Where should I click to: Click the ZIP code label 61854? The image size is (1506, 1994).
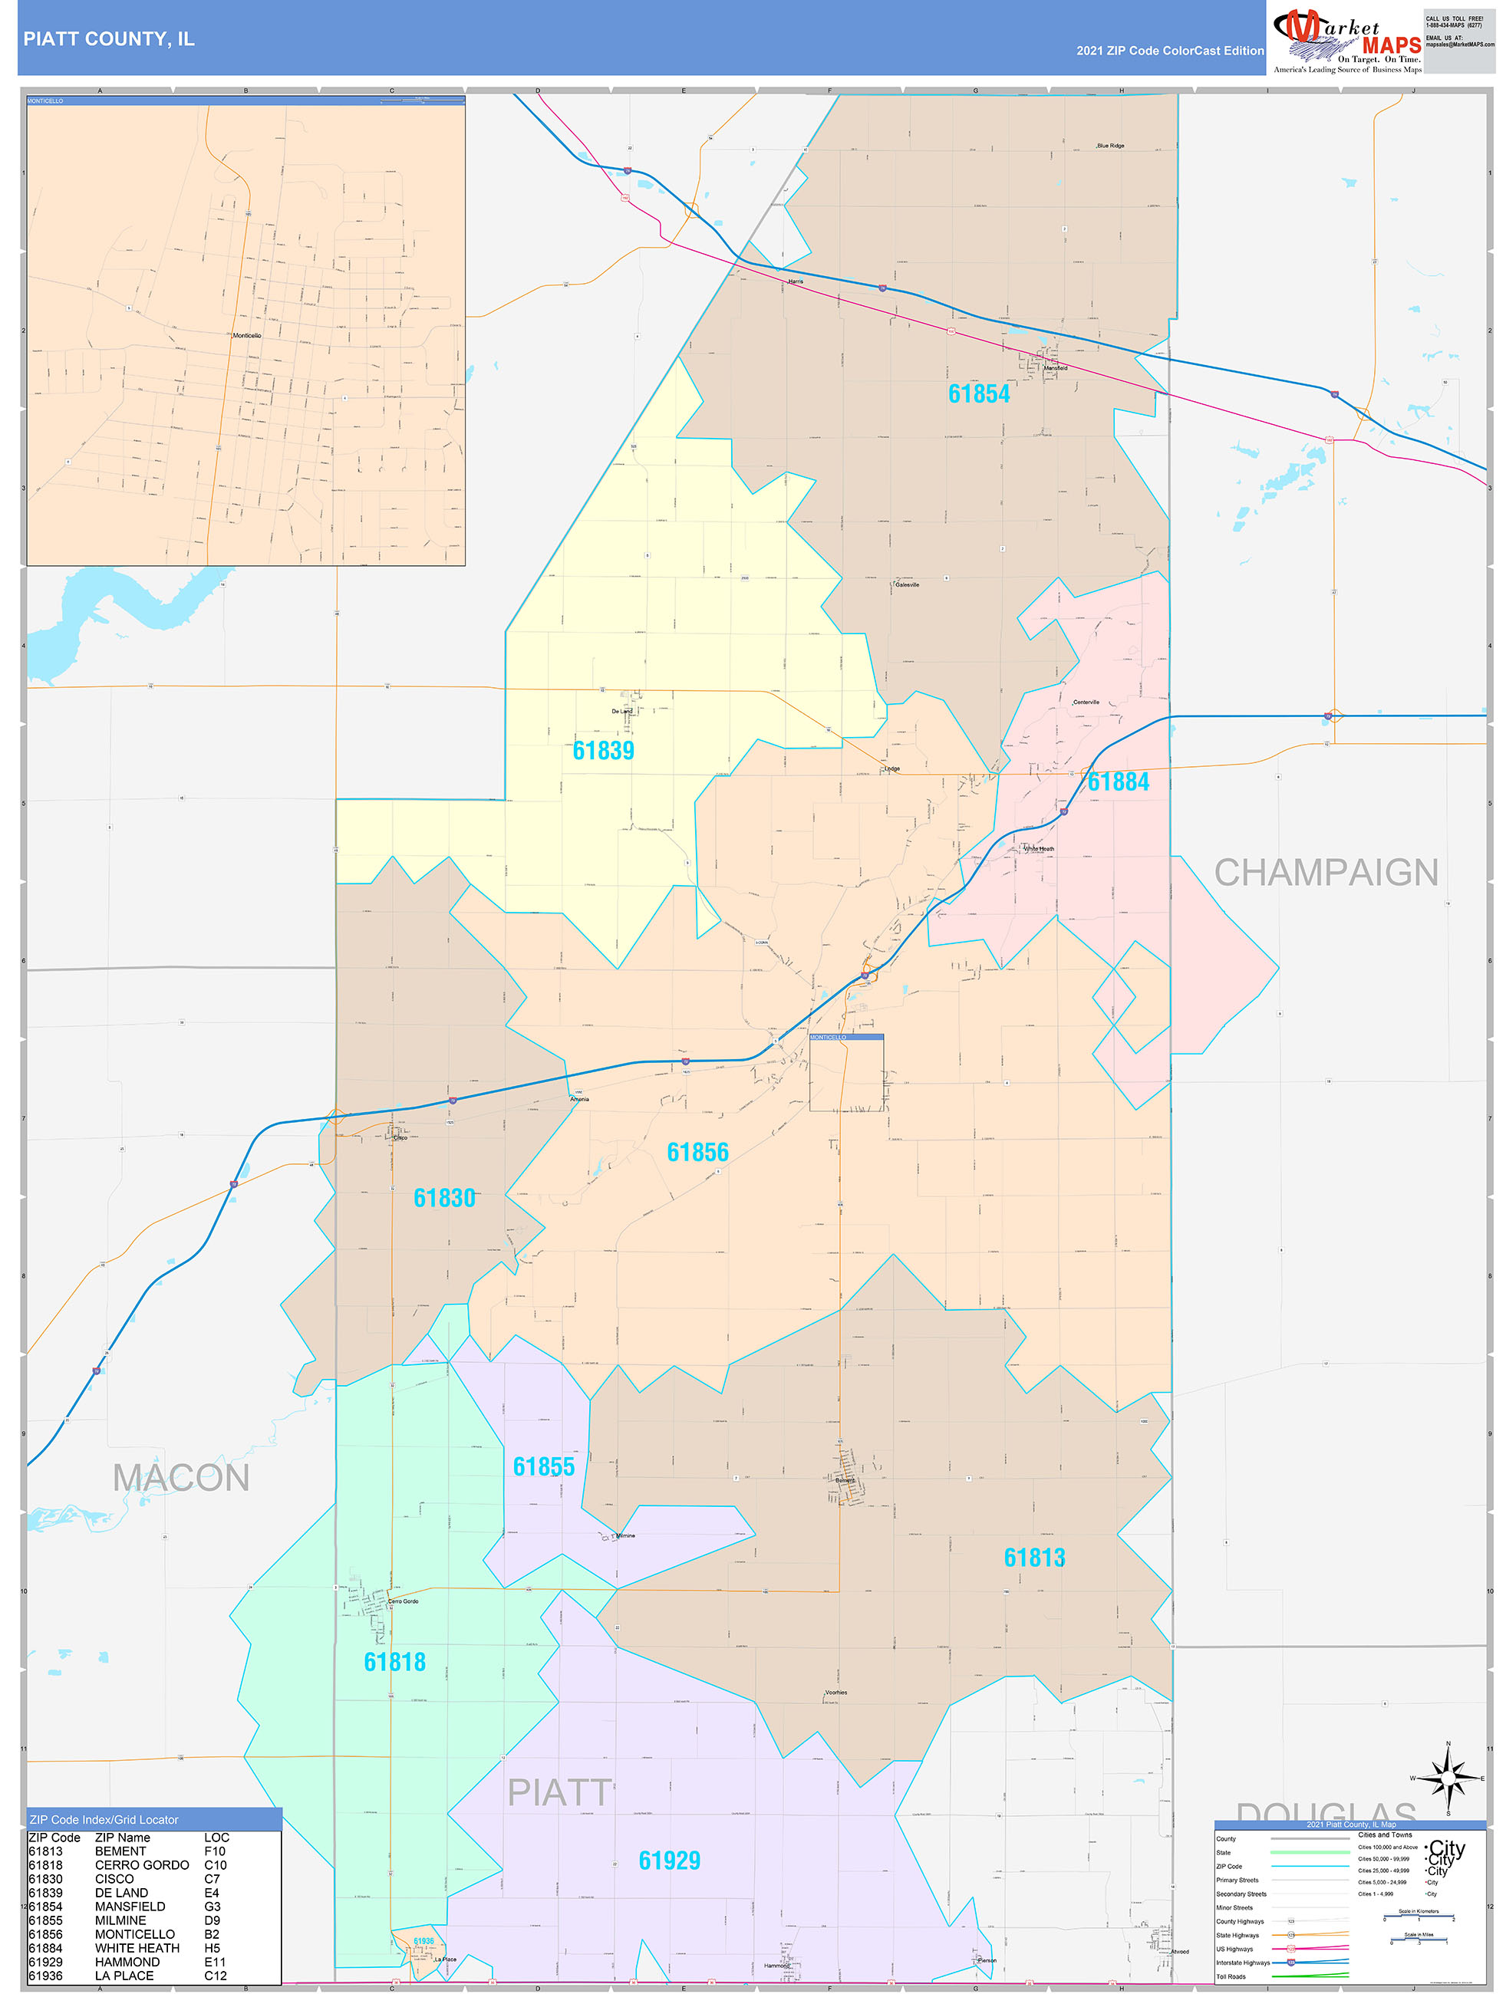[x=978, y=394]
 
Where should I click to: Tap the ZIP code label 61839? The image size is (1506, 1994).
[x=603, y=751]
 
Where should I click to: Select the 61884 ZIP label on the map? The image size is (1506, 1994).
[x=1119, y=781]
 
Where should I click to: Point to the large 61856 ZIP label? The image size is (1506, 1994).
[x=697, y=1152]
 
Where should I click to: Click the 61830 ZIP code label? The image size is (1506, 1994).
[x=443, y=1198]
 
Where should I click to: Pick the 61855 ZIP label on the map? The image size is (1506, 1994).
[x=544, y=1466]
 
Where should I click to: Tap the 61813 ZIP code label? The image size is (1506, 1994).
[x=1034, y=1558]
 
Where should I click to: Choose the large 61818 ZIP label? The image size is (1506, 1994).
[x=394, y=1662]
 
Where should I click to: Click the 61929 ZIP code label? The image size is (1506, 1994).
[x=669, y=1861]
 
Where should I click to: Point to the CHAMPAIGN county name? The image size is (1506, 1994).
[x=1326, y=873]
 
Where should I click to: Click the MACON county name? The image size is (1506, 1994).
[x=181, y=1479]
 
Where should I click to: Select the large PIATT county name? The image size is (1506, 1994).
[x=560, y=1793]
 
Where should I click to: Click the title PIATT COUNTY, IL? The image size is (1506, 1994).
[x=109, y=39]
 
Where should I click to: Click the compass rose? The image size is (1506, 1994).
[x=1448, y=1778]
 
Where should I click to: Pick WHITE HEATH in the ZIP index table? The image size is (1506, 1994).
[x=137, y=1948]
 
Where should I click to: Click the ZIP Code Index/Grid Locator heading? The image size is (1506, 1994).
[x=104, y=1820]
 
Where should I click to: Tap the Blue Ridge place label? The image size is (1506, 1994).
[x=1110, y=145]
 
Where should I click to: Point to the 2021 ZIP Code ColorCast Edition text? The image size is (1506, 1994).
[x=1170, y=51]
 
